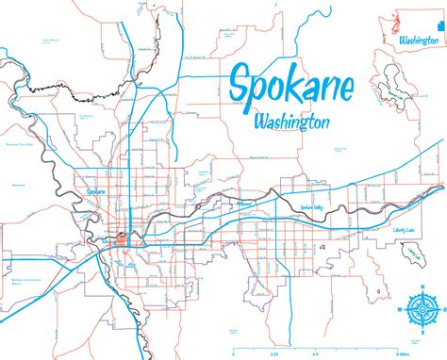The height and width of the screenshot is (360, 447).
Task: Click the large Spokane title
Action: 290,88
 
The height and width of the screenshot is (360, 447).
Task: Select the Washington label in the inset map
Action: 417,42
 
